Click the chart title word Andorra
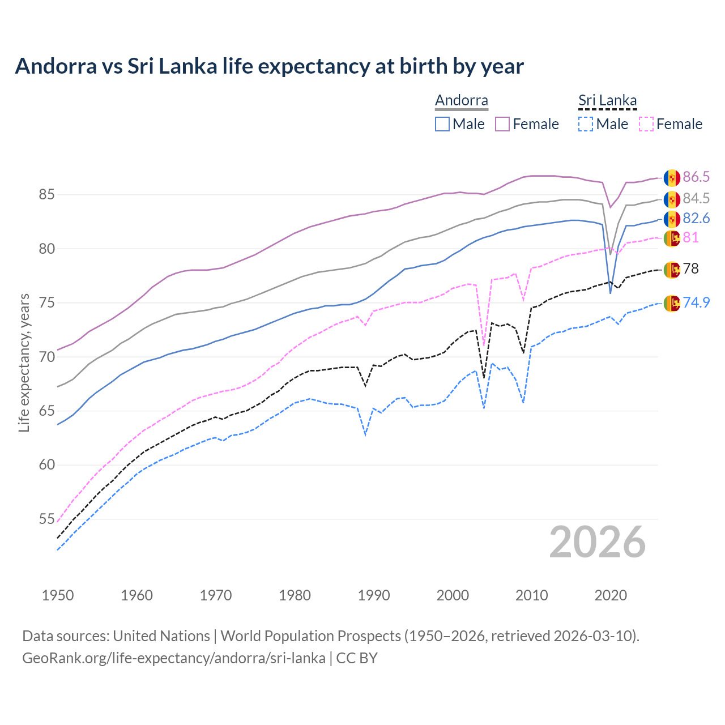pyautogui.click(x=56, y=66)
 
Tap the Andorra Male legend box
pyautogui.click(x=442, y=124)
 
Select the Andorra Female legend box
pyautogui.click(x=502, y=124)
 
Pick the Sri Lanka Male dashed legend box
pyautogui.click(x=586, y=124)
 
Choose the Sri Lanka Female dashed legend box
pyautogui.click(x=646, y=124)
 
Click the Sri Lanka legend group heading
pyautogui.click(x=607, y=101)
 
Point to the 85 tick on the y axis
pyautogui.click(x=46, y=195)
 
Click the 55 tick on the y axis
pyautogui.click(x=46, y=519)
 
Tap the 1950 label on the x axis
pyautogui.click(x=58, y=595)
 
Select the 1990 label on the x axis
pyautogui.click(x=374, y=595)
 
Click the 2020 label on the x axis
pyautogui.click(x=611, y=595)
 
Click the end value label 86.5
pyautogui.click(x=696, y=177)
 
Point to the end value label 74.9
pyautogui.click(x=696, y=303)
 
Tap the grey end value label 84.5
pyautogui.click(x=696, y=199)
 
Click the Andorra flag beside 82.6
pyautogui.click(x=672, y=219)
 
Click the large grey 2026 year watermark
pyautogui.click(x=598, y=543)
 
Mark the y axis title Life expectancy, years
pyautogui.click(x=24, y=362)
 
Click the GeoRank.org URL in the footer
pyautogui.click(x=174, y=658)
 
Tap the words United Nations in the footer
pyautogui.click(x=161, y=636)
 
